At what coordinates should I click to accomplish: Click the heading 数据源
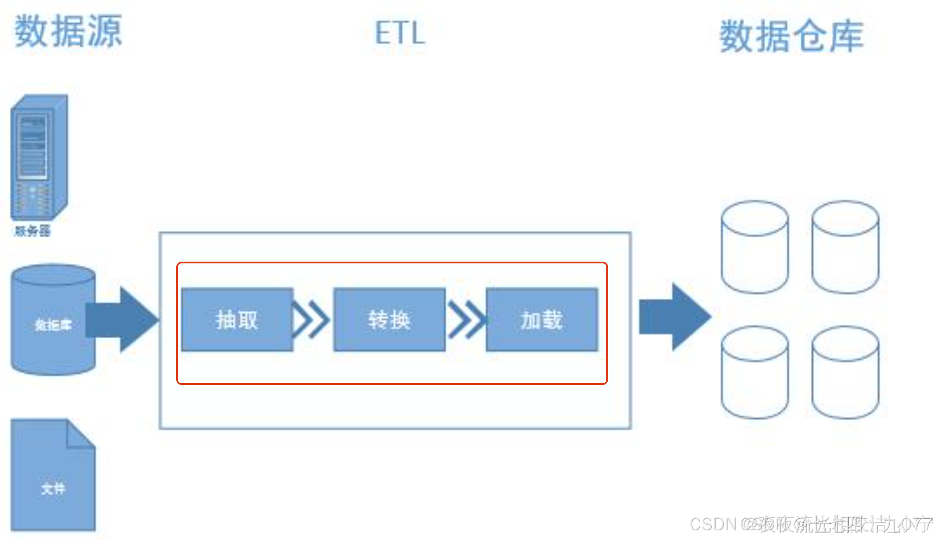[68, 31]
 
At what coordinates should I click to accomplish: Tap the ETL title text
[400, 33]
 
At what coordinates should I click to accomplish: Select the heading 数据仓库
[791, 36]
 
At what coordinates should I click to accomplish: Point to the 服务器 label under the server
[33, 230]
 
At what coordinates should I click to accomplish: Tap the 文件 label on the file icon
[53, 488]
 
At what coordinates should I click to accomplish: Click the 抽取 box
[237, 320]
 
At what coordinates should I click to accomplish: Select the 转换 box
[390, 320]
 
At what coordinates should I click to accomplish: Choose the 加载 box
[542, 320]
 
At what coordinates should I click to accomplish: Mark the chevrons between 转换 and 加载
[466, 320]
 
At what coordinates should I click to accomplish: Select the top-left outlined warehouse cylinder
[755, 247]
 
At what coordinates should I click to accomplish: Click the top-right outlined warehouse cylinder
[845, 247]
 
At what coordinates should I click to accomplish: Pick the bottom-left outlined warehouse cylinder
[755, 372]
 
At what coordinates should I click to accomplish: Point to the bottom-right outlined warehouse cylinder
[845, 372]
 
